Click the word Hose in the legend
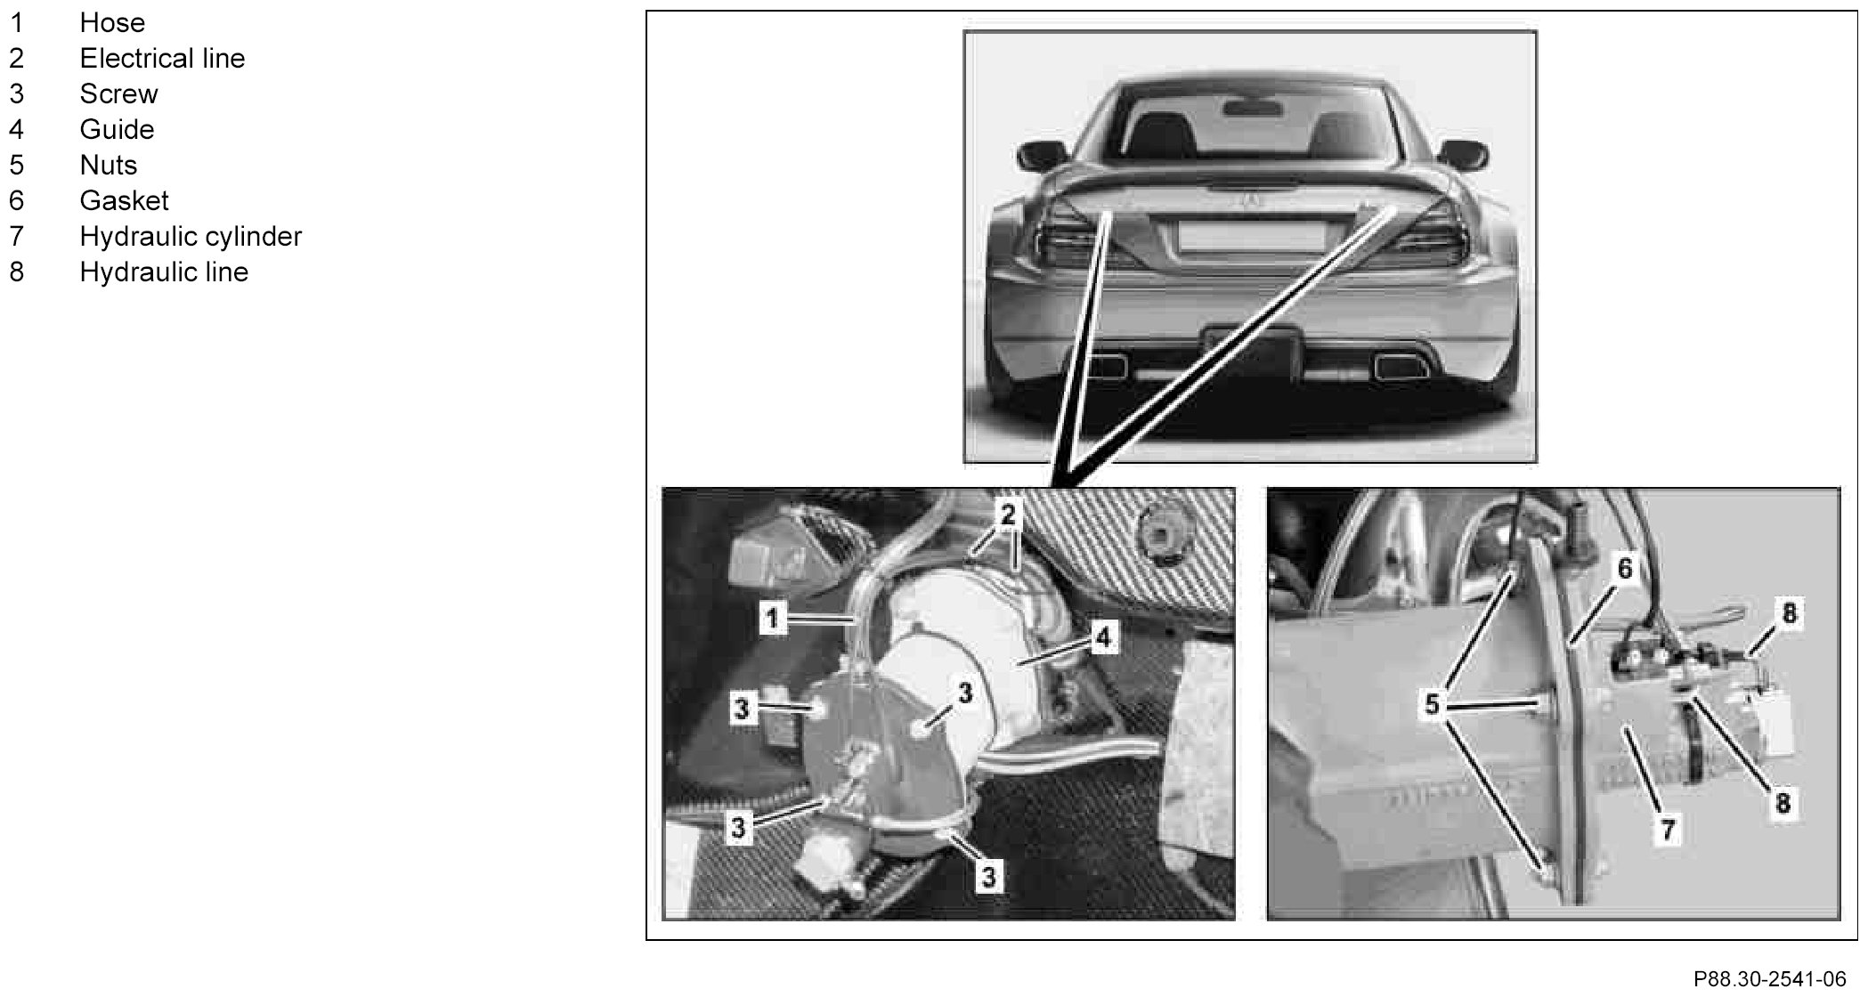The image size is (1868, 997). click(112, 22)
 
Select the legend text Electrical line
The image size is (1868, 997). click(162, 58)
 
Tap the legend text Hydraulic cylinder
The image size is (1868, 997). click(191, 236)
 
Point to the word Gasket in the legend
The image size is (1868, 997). click(124, 200)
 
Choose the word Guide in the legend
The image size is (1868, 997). click(117, 129)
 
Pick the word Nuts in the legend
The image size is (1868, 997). click(109, 165)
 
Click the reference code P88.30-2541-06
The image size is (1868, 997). click(1769, 979)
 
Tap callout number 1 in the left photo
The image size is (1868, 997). click(773, 618)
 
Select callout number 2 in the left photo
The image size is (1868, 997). click(1008, 515)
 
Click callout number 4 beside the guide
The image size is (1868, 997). click(1103, 637)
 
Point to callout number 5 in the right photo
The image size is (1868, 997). click(1432, 704)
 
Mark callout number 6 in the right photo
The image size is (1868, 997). click(1624, 568)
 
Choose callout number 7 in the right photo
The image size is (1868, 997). click(1668, 831)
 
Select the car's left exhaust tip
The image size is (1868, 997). click(1107, 364)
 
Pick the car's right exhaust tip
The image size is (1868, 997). click(1396, 364)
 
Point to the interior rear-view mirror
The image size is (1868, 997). click(1253, 109)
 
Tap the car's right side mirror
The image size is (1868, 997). click(1464, 156)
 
